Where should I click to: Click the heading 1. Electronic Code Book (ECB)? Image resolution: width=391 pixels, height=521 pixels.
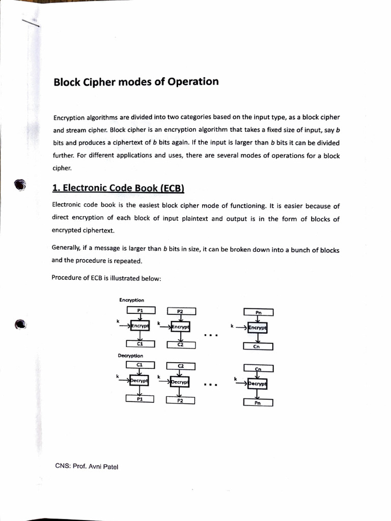118,188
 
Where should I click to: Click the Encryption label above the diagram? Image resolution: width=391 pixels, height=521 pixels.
131,300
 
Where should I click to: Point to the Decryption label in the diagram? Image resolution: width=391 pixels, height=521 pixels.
130,356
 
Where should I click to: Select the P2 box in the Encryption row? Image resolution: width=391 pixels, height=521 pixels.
180,311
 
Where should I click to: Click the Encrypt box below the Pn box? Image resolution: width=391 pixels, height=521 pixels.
258,328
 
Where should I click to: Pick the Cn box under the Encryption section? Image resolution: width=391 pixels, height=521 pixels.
258,346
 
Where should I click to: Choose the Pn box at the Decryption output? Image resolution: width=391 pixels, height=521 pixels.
258,402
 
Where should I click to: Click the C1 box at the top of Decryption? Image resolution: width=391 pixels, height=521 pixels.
140,364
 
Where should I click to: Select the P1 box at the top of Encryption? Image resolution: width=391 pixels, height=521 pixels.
140,310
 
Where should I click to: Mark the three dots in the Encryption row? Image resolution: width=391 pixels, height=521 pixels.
210,335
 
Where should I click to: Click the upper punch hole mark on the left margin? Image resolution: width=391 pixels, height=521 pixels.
20,185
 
